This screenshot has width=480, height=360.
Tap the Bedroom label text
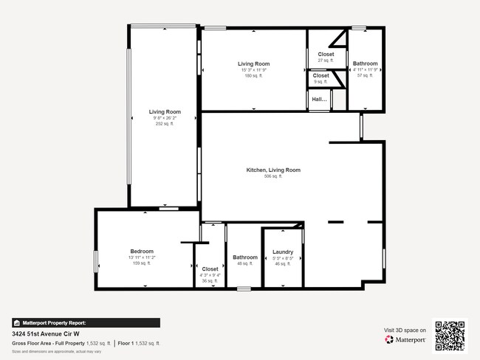tap(142, 252)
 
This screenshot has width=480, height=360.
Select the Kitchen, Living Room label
tap(273, 170)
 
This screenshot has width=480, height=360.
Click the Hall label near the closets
tap(319, 99)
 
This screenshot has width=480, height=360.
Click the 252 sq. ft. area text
tap(165, 124)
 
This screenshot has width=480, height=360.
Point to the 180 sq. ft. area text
tap(253, 75)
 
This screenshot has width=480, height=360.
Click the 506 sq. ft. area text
tap(273, 176)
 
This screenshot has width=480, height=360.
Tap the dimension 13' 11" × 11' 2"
tap(142, 257)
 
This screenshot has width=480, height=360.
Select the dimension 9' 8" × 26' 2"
tap(165, 118)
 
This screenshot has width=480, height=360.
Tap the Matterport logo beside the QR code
tap(405, 340)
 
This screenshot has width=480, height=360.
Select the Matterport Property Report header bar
tap(86, 322)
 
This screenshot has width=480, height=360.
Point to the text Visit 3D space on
tap(405, 330)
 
